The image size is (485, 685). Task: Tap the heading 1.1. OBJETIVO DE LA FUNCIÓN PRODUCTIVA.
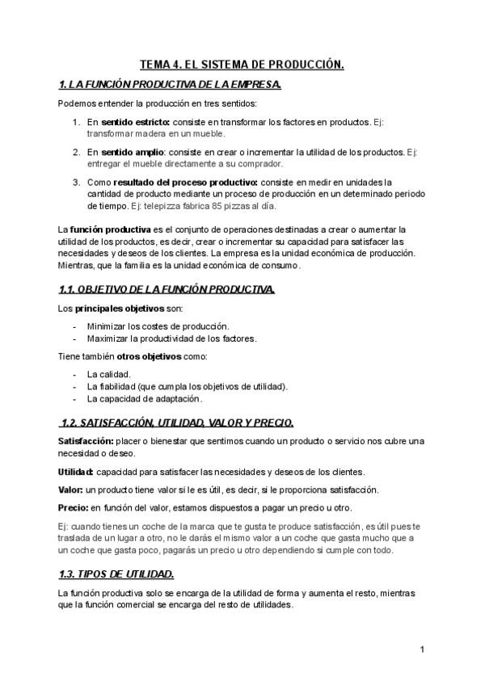coord(167,289)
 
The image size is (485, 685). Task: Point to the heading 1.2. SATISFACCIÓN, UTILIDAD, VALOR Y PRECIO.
coord(178,422)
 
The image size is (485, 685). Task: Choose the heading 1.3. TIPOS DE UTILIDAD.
coord(116,574)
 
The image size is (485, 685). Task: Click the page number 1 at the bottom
coord(422,649)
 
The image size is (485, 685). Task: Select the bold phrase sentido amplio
coord(133,152)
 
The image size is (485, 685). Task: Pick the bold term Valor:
coord(71,490)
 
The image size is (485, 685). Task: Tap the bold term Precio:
coord(74,508)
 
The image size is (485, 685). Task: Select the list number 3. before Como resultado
coord(75,182)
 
